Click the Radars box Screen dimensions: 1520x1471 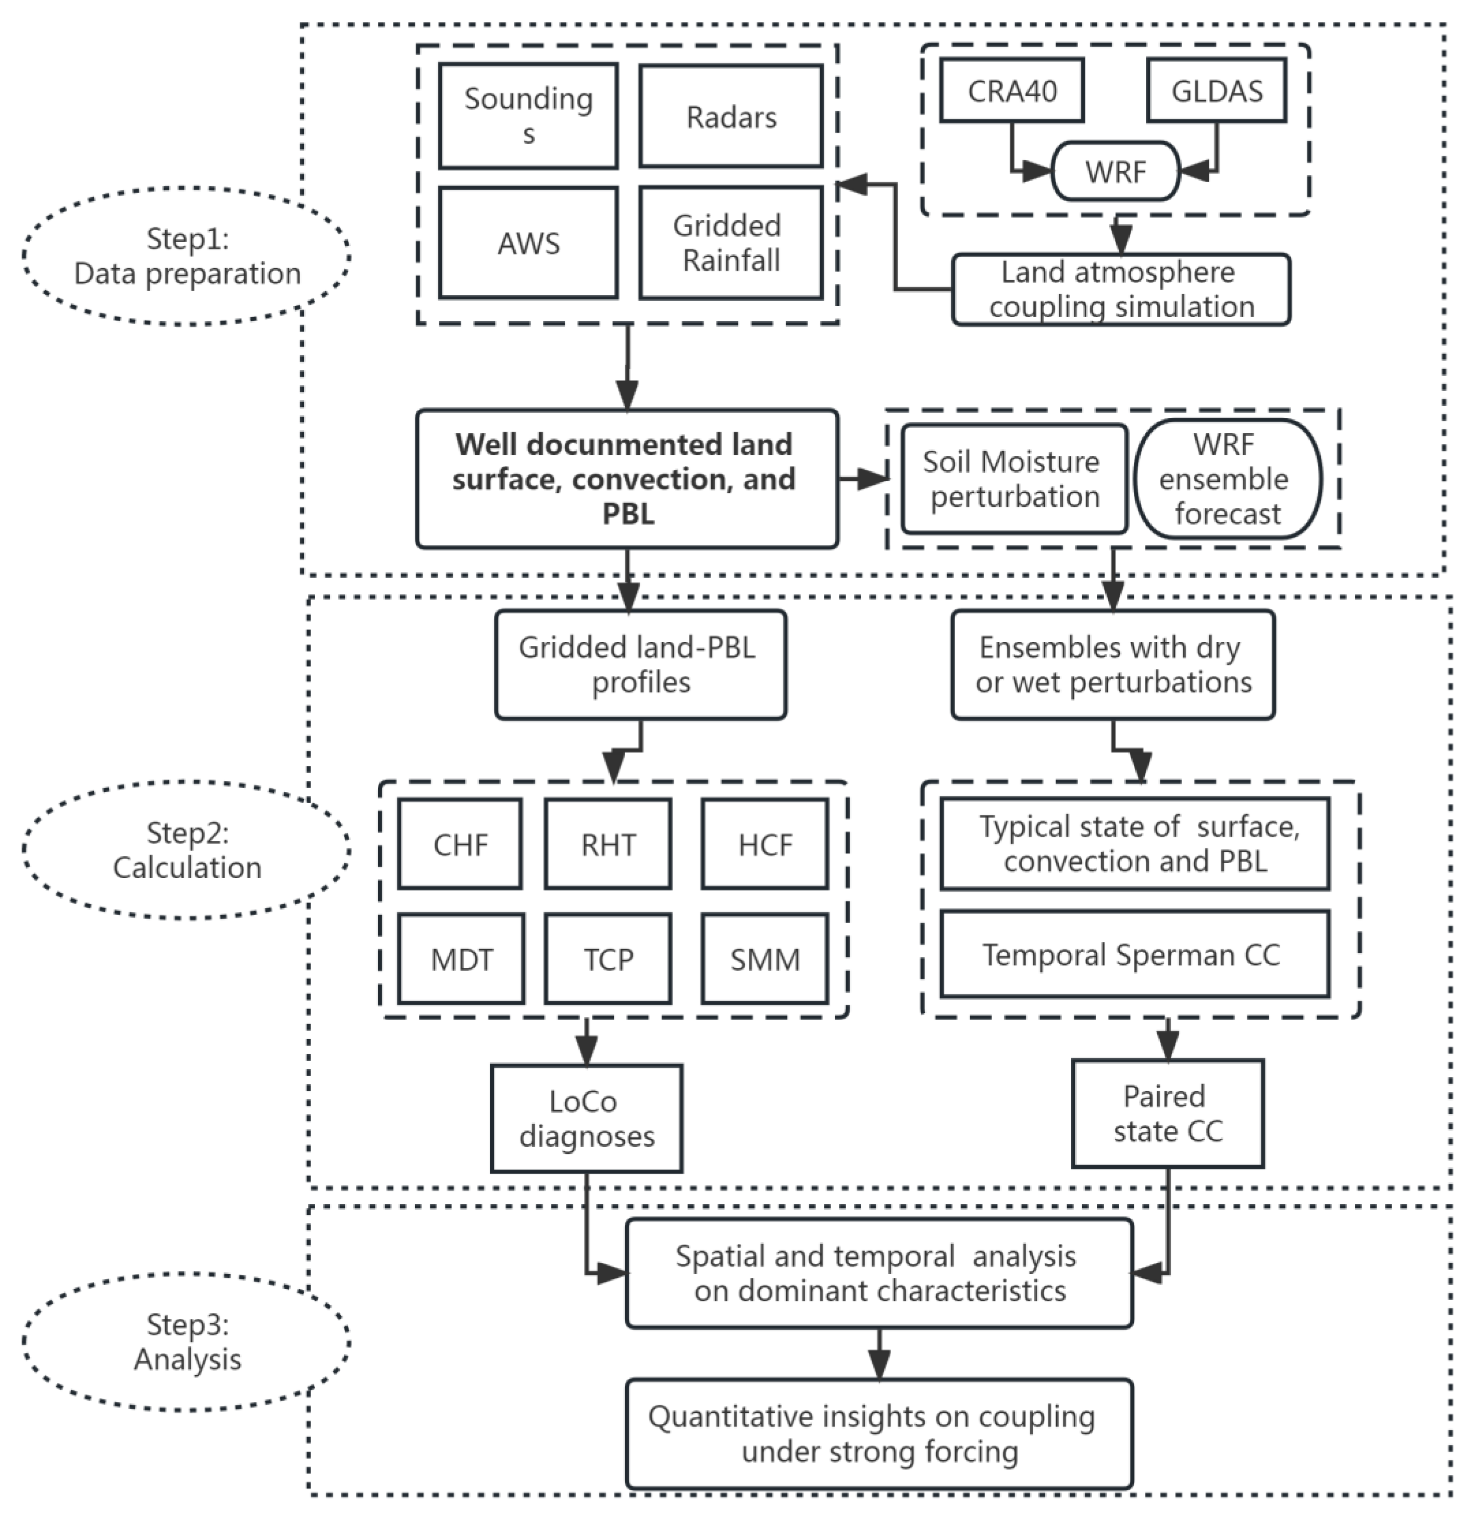(x=730, y=116)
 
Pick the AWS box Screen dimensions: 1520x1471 (x=528, y=243)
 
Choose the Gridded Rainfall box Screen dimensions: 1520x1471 (x=730, y=243)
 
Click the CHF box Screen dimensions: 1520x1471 (x=460, y=844)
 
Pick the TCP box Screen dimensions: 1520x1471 (x=608, y=959)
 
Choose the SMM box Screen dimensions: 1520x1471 (x=765, y=959)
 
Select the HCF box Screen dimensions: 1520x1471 (x=765, y=844)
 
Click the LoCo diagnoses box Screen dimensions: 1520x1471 (x=586, y=1118)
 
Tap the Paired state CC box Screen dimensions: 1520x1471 (x=1167, y=1114)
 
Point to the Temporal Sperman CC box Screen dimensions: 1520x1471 (x=1134, y=954)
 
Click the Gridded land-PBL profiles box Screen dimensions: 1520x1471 (x=640, y=664)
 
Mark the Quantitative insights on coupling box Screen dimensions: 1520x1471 (x=879, y=1433)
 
